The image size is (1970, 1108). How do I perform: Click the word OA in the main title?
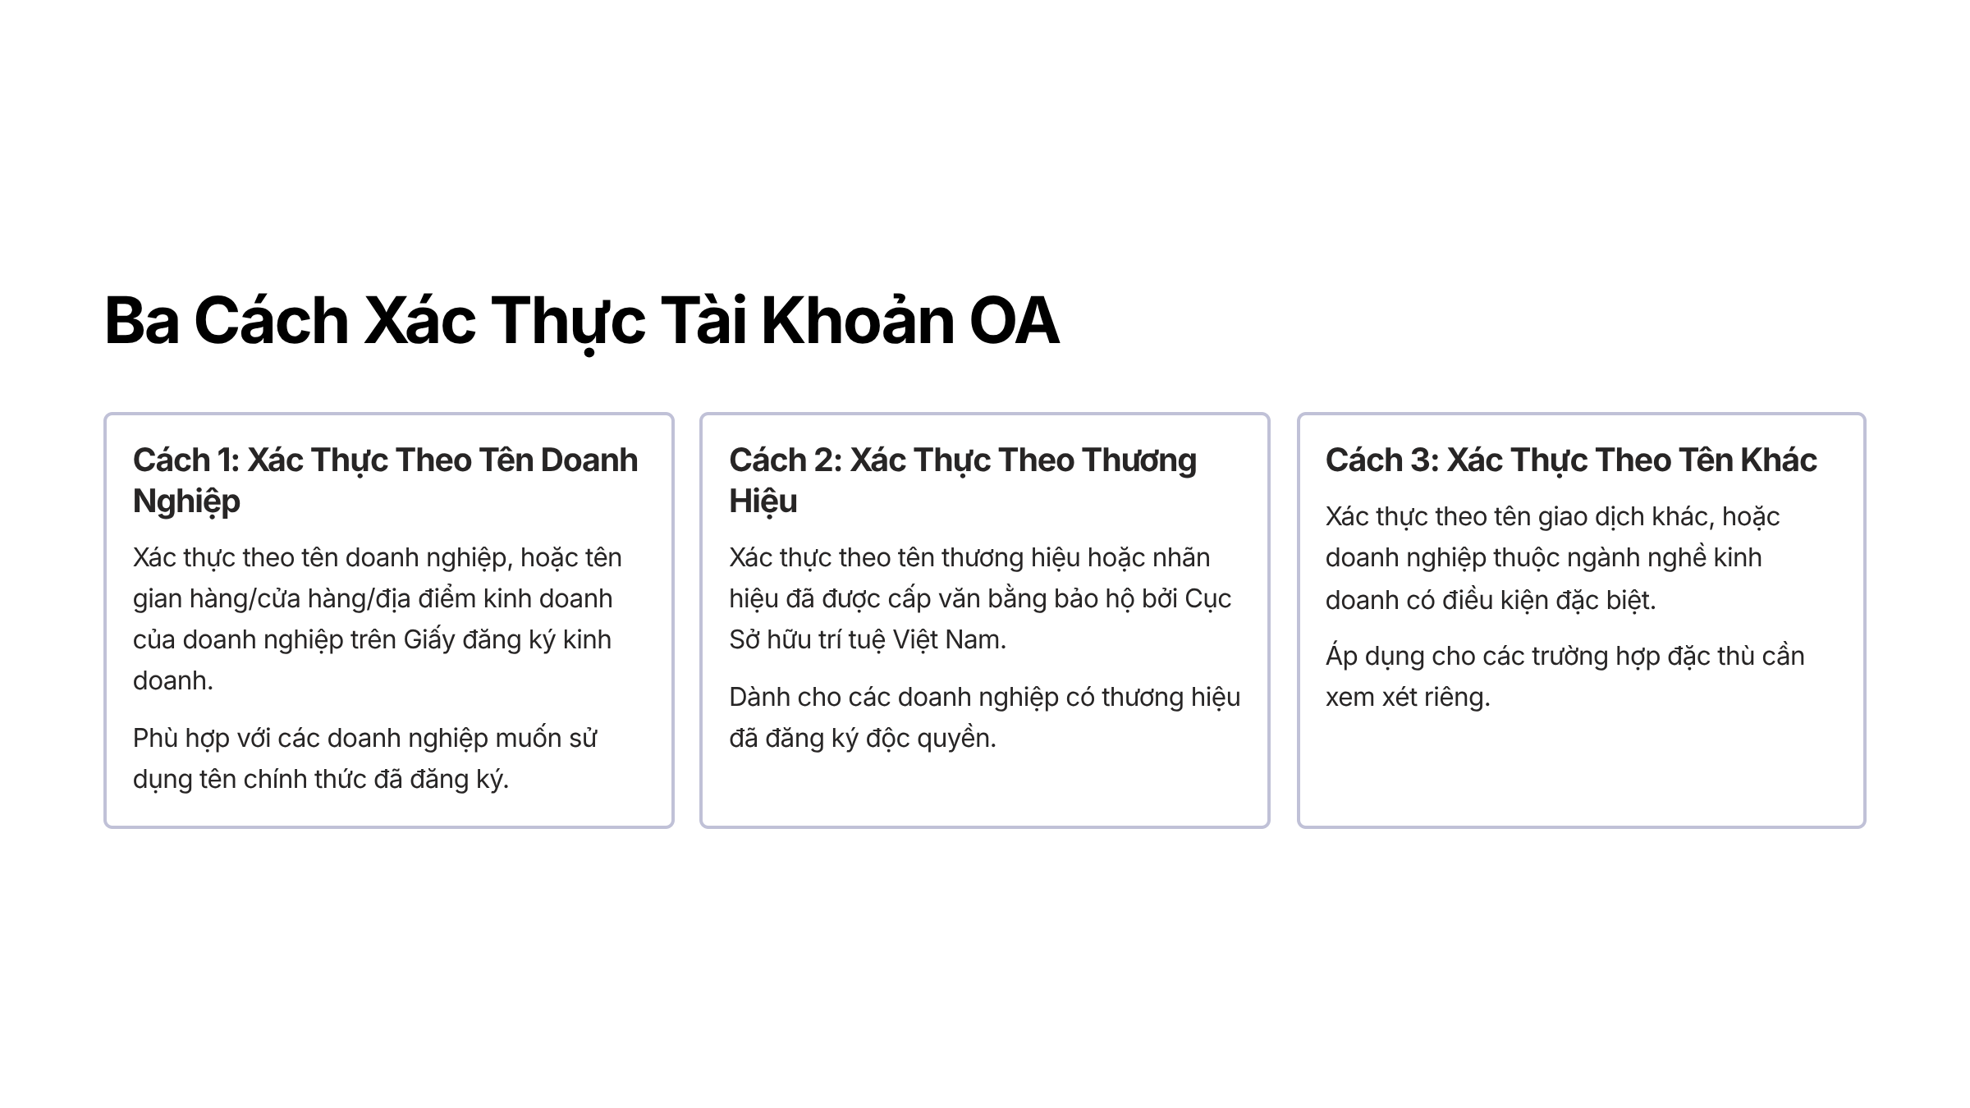(1015, 320)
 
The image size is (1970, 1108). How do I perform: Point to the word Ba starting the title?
(142, 320)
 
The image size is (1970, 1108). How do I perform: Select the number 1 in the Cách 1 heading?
(227, 460)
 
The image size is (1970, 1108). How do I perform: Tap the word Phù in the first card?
(155, 738)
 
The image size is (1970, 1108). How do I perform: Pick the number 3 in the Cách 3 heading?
(1423, 460)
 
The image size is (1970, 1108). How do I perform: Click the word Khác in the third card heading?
(1779, 459)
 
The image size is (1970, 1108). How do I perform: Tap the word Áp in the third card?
(1341, 657)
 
